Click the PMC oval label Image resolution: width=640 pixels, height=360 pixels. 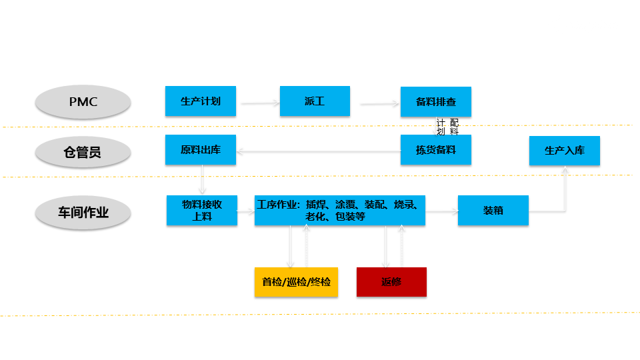click(x=83, y=102)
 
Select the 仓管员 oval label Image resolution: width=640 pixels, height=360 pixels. click(x=83, y=153)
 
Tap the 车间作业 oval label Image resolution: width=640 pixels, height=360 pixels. click(x=83, y=213)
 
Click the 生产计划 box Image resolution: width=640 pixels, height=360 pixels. click(x=201, y=102)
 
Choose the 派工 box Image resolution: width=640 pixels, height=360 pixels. click(x=315, y=102)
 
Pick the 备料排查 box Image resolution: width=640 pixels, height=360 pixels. click(x=436, y=102)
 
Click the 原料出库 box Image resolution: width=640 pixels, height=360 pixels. click(x=201, y=150)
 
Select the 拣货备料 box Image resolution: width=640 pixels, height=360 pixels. click(x=436, y=150)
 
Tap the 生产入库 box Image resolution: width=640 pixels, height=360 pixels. click(x=565, y=151)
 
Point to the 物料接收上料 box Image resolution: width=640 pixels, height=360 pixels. click(x=202, y=211)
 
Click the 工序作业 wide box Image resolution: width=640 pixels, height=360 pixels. click(x=339, y=211)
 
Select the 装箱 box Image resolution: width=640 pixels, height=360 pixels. click(x=493, y=211)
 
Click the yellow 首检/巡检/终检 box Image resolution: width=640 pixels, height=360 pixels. click(x=296, y=282)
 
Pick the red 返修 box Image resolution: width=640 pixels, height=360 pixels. click(x=391, y=282)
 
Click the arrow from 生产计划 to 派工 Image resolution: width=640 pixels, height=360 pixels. click(x=259, y=103)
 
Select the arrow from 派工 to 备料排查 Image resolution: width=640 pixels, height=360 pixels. click(x=379, y=103)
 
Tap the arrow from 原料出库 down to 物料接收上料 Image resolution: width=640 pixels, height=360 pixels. click(x=202, y=179)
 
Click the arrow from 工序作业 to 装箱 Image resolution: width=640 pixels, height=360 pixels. click(x=442, y=211)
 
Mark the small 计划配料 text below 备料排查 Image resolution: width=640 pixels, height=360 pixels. click(x=448, y=127)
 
